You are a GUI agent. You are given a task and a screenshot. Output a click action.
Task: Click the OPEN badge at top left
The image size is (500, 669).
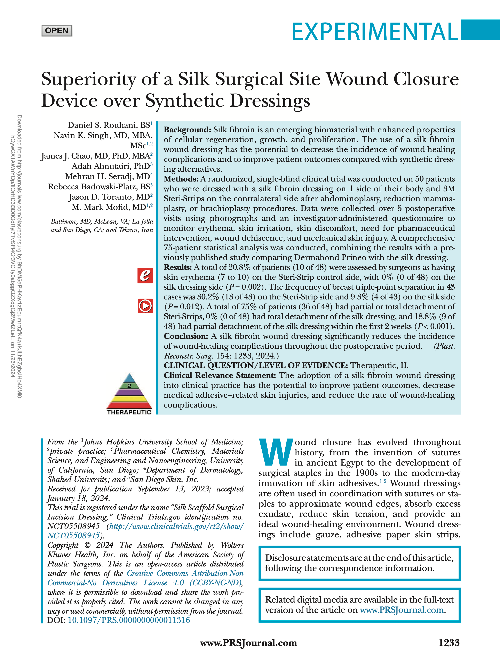(x=57, y=31)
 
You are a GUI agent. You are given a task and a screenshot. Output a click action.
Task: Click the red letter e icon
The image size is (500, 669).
(x=145, y=275)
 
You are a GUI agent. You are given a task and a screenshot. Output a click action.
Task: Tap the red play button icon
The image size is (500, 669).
(x=145, y=306)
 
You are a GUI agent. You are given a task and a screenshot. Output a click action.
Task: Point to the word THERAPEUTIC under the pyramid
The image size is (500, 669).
(x=129, y=412)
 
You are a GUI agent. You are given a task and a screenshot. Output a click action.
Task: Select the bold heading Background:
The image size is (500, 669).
(x=187, y=130)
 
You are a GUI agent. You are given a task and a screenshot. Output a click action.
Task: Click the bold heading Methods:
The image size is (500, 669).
(x=181, y=179)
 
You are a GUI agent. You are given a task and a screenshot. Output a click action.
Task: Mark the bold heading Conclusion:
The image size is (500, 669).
(x=186, y=336)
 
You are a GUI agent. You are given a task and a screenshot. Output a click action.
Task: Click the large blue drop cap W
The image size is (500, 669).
(x=276, y=452)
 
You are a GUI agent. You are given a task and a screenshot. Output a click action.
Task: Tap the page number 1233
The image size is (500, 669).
(x=449, y=651)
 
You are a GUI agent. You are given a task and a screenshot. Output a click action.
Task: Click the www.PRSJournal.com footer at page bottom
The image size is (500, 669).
(x=248, y=651)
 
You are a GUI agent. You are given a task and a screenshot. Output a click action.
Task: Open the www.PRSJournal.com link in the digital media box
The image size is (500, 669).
(x=402, y=610)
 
